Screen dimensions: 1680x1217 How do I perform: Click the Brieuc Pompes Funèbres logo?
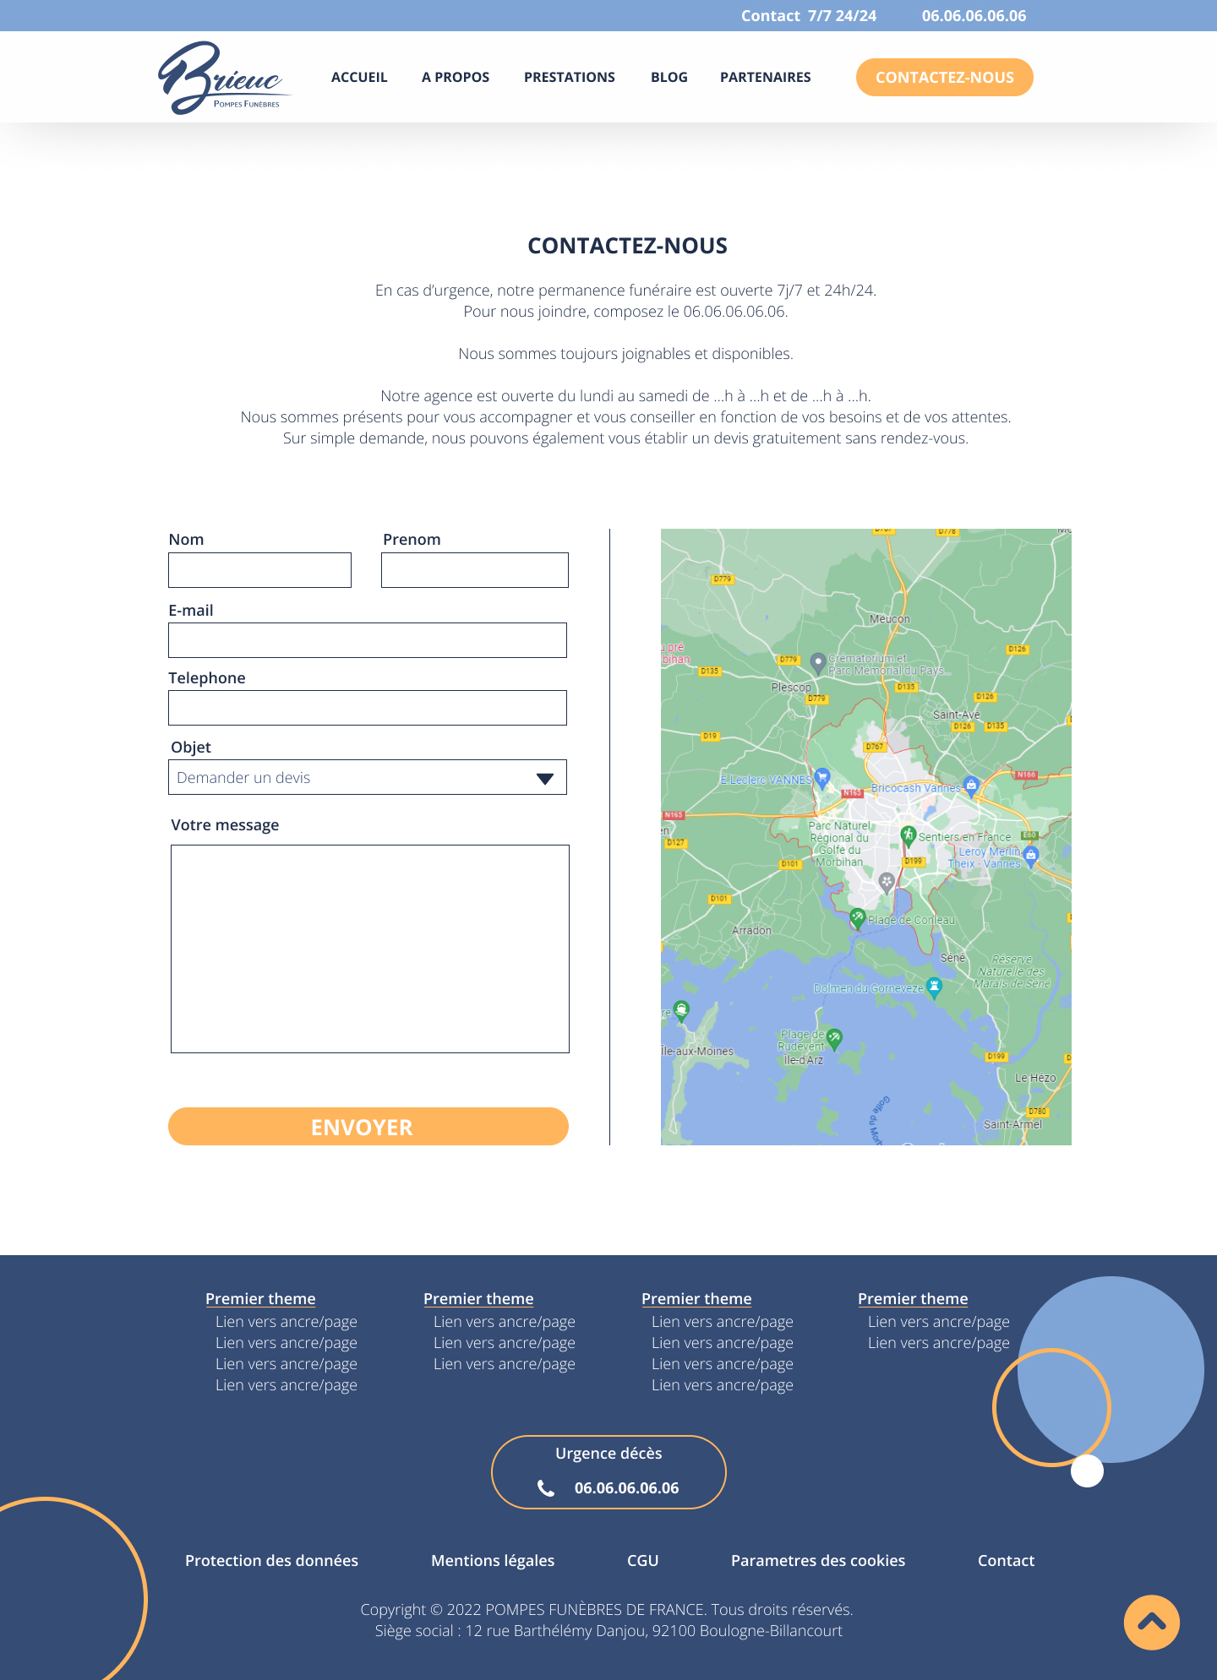point(223,78)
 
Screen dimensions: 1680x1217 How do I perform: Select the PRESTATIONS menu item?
point(569,78)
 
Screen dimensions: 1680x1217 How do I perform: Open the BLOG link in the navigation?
point(669,78)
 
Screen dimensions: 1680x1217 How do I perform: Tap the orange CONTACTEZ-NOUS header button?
point(944,78)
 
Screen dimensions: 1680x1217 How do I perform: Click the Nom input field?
point(259,570)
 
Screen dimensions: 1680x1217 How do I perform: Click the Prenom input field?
point(474,570)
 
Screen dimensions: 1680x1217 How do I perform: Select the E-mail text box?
point(367,640)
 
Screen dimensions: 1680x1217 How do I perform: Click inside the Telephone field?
point(367,708)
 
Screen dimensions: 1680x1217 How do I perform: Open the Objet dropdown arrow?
point(545,778)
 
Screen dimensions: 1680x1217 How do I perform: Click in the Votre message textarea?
point(369,949)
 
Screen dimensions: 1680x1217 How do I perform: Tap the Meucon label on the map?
point(889,619)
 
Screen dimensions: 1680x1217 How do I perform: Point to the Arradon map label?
point(751,931)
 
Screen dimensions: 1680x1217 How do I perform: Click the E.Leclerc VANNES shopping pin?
point(822,778)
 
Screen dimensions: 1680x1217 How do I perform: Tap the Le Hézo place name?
point(1034,1079)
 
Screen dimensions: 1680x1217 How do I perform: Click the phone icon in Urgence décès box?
point(546,1488)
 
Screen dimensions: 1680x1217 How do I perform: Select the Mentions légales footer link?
point(493,1561)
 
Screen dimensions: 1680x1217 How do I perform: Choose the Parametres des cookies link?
point(817,1561)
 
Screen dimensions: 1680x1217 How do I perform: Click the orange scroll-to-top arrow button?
point(1151,1622)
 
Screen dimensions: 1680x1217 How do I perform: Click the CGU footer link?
point(642,1561)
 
